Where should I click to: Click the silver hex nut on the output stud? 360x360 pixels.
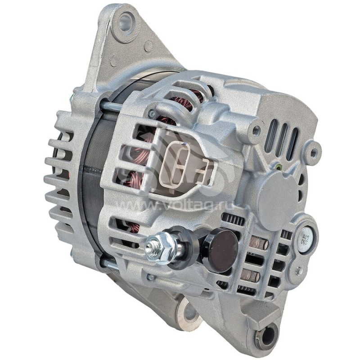162,245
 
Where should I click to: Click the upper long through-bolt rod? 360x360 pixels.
110,107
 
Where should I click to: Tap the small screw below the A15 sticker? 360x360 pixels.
298,271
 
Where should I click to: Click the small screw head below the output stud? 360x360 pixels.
150,278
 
